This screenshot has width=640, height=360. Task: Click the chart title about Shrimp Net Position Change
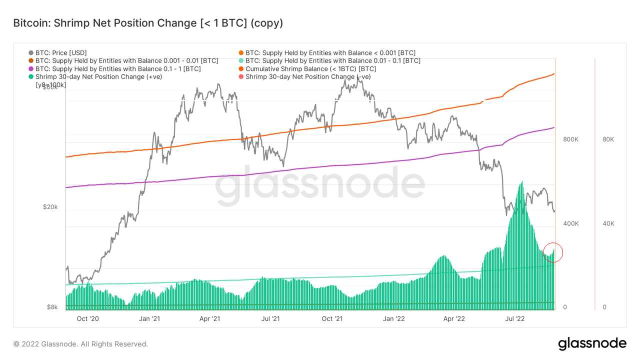coord(148,23)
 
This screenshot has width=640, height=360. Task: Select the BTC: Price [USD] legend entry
coord(61,52)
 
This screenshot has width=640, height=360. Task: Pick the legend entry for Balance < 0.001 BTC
coord(330,52)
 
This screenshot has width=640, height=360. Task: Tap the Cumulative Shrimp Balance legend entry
coord(310,68)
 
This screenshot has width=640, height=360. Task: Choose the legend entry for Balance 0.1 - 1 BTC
coord(118,68)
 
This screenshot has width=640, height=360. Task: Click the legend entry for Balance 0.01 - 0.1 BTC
coord(333,60)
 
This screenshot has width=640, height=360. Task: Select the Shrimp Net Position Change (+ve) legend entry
coord(98,76)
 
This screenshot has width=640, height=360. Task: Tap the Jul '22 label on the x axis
coord(517,318)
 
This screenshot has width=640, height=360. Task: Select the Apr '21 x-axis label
coord(210,318)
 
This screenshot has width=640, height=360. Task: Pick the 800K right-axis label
coord(571,139)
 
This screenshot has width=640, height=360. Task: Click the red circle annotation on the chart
coord(552,252)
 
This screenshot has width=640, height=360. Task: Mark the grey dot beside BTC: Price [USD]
coord(31,52)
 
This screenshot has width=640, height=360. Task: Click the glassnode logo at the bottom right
coord(592,343)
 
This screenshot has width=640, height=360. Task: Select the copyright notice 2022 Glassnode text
coord(80,344)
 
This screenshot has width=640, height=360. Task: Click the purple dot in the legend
coord(31,68)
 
